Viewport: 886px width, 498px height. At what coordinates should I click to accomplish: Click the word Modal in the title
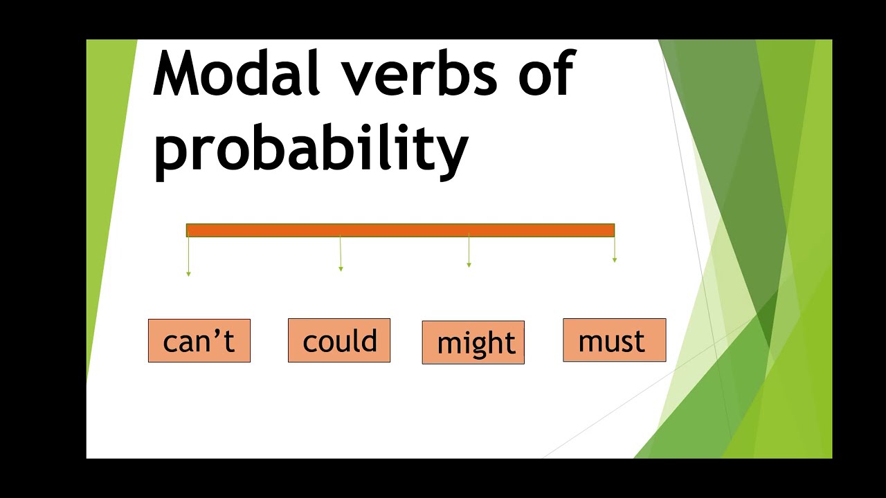(x=236, y=73)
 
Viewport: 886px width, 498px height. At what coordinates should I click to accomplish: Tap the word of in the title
(x=547, y=73)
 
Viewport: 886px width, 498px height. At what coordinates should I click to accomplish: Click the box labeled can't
(x=199, y=341)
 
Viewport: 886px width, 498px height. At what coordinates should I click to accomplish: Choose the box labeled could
(x=339, y=340)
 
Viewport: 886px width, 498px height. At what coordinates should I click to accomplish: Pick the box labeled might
(x=473, y=342)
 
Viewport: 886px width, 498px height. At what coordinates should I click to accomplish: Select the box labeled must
(x=615, y=340)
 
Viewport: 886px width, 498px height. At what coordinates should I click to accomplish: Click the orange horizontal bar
(x=400, y=230)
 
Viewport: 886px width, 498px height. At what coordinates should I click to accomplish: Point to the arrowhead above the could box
(x=341, y=269)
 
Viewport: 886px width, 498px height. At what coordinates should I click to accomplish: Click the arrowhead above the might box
(x=469, y=265)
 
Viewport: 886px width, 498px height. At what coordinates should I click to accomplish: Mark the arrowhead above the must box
(x=615, y=260)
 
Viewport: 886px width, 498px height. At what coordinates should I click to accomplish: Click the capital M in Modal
(x=173, y=73)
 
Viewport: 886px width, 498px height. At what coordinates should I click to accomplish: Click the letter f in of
(x=565, y=73)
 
